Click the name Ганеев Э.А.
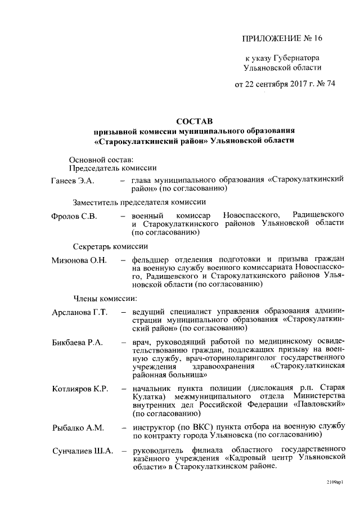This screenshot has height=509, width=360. tap(72, 180)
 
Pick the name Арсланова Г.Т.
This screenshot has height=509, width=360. tap(79, 312)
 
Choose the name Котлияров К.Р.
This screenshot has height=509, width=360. tap(79, 389)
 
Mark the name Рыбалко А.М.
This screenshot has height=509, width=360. tap(78, 428)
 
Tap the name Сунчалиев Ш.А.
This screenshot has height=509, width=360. tap(82, 450)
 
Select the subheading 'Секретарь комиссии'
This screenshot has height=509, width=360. tap(110, 246)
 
